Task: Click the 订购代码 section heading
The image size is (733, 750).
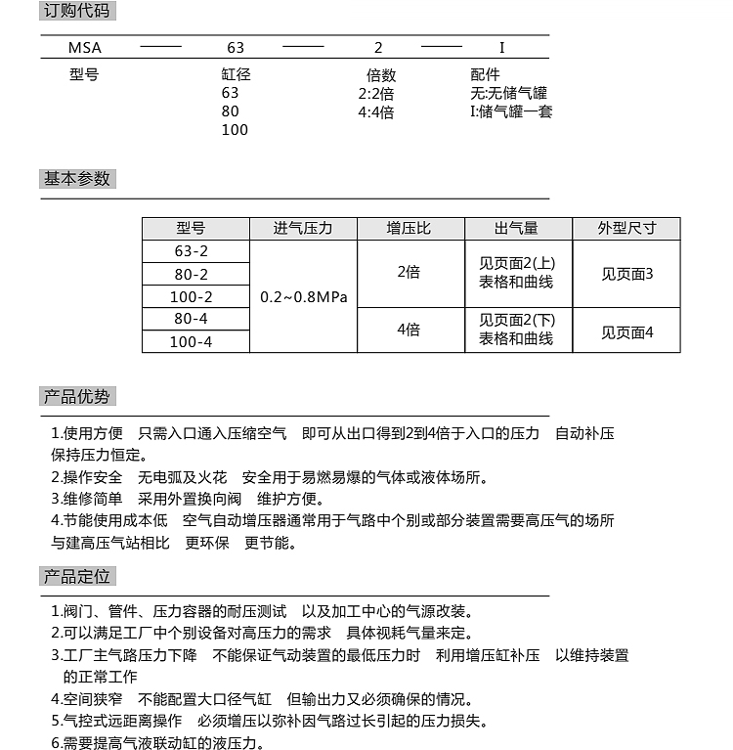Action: (x=77, y=12)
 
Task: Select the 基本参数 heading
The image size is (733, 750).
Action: (x=77, y=179)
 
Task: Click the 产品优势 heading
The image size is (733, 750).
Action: (x=77, y=397)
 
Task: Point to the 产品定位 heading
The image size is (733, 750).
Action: (x=77, y=575)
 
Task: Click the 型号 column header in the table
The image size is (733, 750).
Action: (x=191, y=229)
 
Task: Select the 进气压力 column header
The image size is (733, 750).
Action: (x=303, y=229)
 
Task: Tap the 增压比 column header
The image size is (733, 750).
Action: (x=409, y=229)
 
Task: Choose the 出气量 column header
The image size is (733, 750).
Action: (x=516, y=229)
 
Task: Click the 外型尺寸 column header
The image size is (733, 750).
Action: (x=626, y=229)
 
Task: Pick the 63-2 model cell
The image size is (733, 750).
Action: (x=191, y=251)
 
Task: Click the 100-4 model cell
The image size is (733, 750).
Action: (x=191, y=341)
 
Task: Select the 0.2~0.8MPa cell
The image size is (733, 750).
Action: (x=304, y=296)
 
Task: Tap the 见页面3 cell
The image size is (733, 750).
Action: (x=626, y=274)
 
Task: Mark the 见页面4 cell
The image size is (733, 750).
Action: (x=626, y=332)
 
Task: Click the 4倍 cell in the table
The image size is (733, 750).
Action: (x=409, y=331)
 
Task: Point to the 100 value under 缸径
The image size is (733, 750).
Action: (x=235, y=130)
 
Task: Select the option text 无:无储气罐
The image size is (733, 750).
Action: (x=508, y=94)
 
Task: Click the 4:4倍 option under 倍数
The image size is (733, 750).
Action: (x=376, y=112)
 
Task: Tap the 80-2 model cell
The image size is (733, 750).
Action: (x=191, y=274)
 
